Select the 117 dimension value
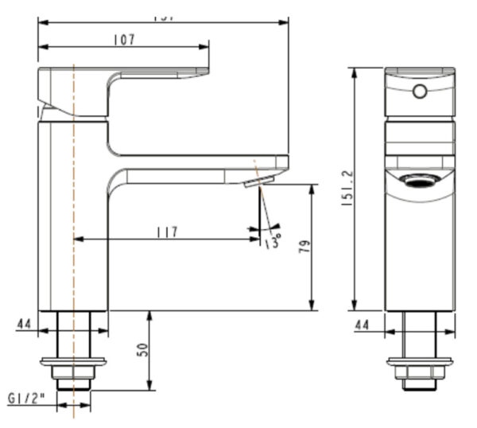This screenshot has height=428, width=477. tap(166, 232)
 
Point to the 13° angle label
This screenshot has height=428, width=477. tap(272, 240)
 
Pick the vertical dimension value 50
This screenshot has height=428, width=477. tap(142, 350)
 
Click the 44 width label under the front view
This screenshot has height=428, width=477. tap(363, 324)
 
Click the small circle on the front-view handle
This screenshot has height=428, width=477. tap(420, 91)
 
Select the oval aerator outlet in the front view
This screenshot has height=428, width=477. tap(419, 180)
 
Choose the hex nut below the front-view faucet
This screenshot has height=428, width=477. tap(420, 372)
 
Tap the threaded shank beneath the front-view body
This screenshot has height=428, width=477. tap(420, 334)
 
